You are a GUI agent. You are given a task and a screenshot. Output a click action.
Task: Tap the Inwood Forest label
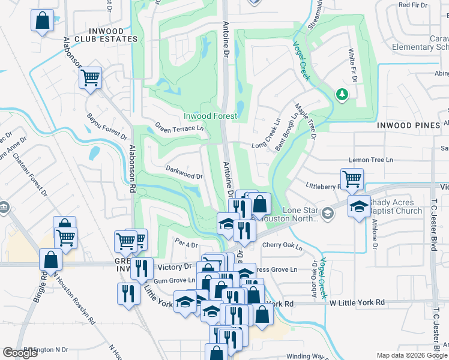(210, 116)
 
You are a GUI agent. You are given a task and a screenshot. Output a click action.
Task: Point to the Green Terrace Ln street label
(179, 128)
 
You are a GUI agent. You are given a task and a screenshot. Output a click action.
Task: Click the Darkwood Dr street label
(184, 173)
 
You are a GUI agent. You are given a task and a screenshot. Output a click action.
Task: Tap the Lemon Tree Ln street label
(371, 160)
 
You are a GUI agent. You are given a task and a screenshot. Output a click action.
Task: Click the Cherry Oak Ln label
(282, 245)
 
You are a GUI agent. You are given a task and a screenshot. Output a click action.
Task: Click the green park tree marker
(341, 94)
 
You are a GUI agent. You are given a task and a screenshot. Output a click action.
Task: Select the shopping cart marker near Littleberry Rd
(352, 178)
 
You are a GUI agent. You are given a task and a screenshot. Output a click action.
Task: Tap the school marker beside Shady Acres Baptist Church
(359, 206)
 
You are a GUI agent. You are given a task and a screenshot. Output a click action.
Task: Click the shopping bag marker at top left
(42, 20)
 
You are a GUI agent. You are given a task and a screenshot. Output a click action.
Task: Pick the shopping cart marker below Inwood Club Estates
(90, 77)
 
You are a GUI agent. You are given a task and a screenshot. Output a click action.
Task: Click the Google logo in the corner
(20, 353)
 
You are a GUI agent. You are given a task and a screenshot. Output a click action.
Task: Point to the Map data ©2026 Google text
(411, 355)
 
